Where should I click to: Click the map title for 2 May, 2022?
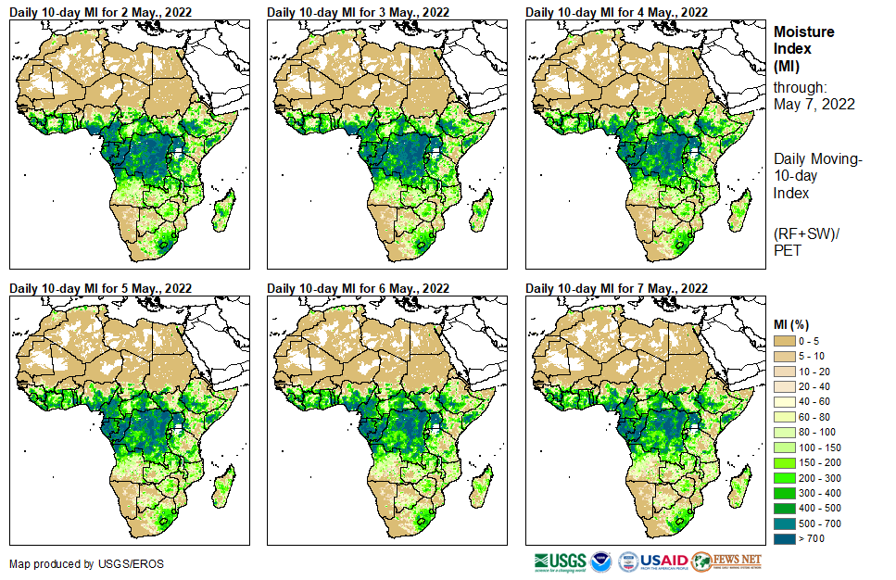(x=100, y=11)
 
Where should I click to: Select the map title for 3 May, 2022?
(x=358, y=11)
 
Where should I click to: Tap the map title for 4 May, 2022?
(x=616, y=11)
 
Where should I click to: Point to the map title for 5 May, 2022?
(x=100, y=288)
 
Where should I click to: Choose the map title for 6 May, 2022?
(x=358, y=288)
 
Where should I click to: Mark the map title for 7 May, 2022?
(x=616, y=288)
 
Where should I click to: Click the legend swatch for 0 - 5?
(x=784, y=341)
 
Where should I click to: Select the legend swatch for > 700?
(x=784, y=538)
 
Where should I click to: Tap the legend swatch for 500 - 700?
(x=784, y=523)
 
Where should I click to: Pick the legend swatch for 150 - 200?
(x=784, y=462)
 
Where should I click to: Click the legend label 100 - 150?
(x=818, y=448)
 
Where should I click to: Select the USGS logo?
(x=560, y=561)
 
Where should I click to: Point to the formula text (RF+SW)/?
(x=803, y=233)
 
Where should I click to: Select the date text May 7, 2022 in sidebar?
(x=814, y=104)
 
